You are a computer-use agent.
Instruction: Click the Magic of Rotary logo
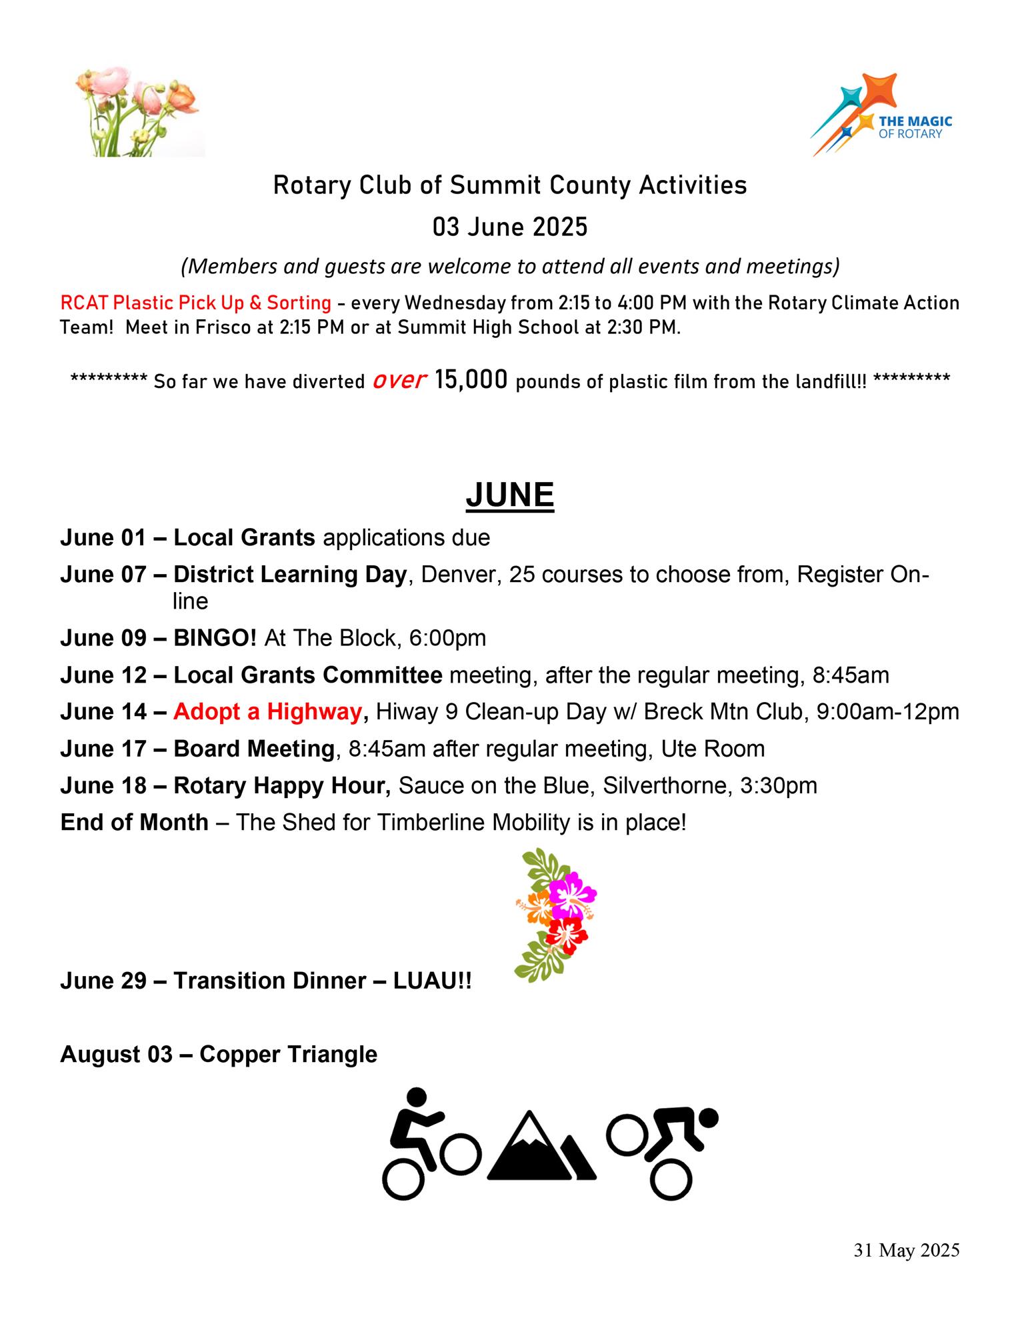[881, 115]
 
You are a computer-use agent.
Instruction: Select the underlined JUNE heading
[509, 495]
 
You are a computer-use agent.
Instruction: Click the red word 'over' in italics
[399, 380]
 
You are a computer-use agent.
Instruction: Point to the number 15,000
[471, 380]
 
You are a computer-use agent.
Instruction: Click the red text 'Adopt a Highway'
[267, 712]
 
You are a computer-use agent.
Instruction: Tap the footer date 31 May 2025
[906, 1251]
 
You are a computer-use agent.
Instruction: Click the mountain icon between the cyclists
[541, 1146]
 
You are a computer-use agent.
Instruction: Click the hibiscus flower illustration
[557, 913]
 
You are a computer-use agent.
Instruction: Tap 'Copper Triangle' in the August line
[288, 1054]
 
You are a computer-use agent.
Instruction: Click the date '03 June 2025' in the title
[509, 227]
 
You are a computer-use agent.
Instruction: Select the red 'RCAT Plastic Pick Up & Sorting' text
[195, 303]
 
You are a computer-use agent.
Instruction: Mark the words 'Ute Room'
[713, 749]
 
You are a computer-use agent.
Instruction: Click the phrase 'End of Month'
[134, 822]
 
